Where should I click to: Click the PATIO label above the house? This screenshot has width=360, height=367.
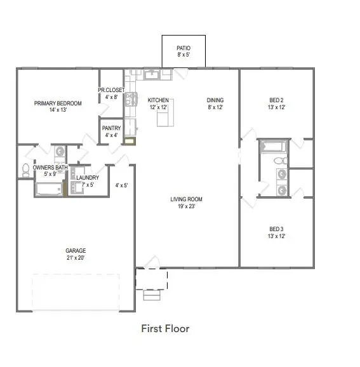(183, 48)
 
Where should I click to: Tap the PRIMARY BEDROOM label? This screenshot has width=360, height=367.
(58, 103)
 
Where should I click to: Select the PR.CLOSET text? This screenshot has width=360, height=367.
(111, 90)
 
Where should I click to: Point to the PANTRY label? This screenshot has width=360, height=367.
(111, 128)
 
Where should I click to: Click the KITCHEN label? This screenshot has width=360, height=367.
(158, 100)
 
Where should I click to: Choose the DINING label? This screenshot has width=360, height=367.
(215, 100)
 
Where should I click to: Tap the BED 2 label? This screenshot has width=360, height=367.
(277, 100)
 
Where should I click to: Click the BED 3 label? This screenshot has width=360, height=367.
(277, 229)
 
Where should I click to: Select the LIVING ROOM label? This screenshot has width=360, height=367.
(186, 199)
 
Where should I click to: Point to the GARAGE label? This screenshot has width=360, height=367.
(75, 250)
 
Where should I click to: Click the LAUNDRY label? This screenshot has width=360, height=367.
(87, 178)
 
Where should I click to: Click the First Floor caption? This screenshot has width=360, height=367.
(164, 328)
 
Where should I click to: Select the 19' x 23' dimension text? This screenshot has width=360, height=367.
(186, 206)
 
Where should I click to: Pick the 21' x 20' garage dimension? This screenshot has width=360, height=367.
(75, 257)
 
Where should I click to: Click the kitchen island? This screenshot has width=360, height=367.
(170, 114)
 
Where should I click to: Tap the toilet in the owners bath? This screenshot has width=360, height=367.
(26, 170)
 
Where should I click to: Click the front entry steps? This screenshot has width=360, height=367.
(151, 294)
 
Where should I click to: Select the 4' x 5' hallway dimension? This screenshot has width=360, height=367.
(121, 185)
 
